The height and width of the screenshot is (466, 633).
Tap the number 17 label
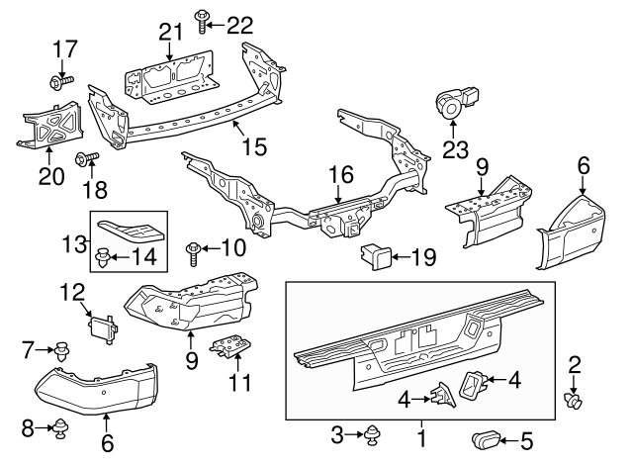click(x=63, y=47)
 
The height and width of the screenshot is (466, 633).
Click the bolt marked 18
click(x=83, y=157)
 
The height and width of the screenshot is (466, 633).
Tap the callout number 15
click(x=254, y=146)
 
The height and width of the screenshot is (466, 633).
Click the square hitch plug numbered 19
click(x=375, y=259)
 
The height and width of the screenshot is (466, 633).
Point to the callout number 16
click(x=340, y=174)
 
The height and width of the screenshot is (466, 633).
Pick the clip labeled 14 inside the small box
click(x=102, y=261)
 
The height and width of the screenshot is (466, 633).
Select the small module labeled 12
click(x=103, y=325)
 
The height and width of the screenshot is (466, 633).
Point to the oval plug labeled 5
click(x=488, y=436)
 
